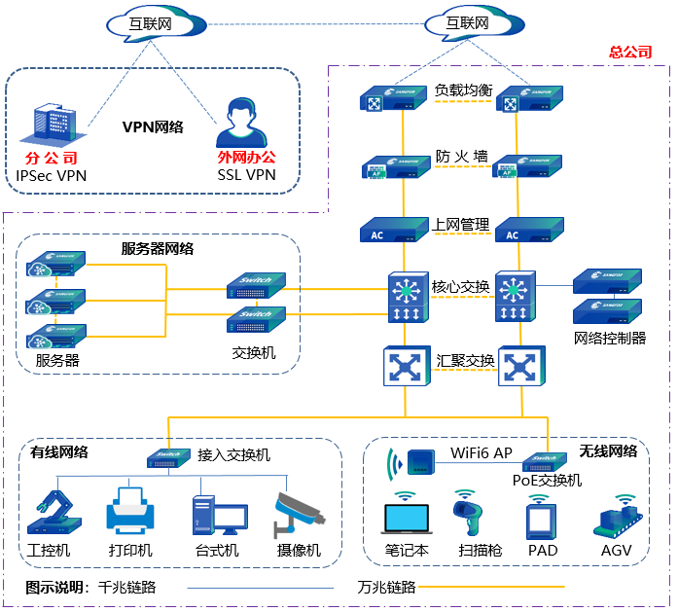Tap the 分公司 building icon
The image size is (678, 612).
pos(55,127)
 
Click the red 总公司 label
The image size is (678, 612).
pos(630,52)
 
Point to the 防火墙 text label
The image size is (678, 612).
pos(462,156)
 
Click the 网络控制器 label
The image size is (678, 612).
pos(611,339)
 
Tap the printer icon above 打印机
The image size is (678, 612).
pos(128,511)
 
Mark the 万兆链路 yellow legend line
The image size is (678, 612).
pos(496,587)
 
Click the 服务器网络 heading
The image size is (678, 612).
pos(158,249)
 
